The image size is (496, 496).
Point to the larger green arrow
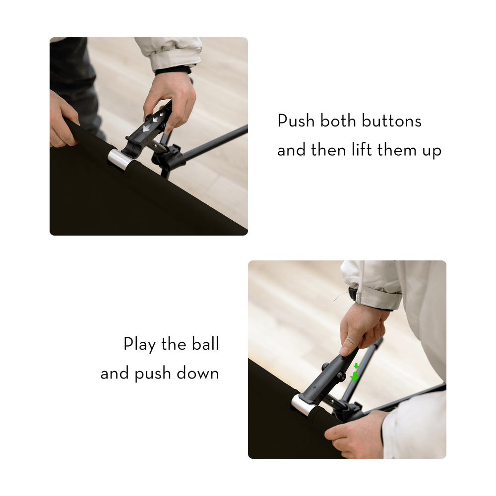coord(354,376)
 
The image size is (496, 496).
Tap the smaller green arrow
coord(356,366)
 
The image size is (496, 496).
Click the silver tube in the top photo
coord(120,160)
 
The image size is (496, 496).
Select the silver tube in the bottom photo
coord(302,404)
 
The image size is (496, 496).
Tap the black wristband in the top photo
coord(173,70)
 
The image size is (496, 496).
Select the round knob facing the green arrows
coord(342,376)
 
